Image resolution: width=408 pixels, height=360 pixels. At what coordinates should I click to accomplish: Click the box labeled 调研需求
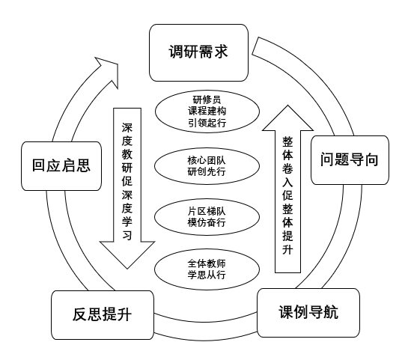[x=198, y=52]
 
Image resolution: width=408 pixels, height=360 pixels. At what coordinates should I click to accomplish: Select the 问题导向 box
[x=349, y=159]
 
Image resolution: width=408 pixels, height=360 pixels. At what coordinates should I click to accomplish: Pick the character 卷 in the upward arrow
[x=287, y=170]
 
